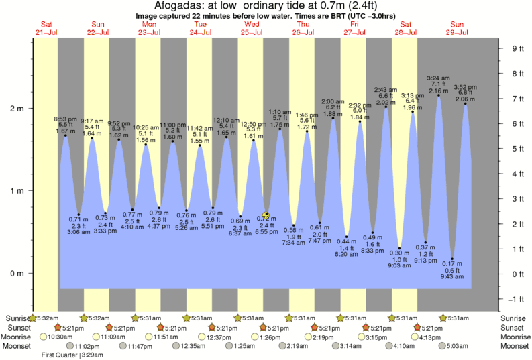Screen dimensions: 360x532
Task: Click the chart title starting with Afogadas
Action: tap(266, 6)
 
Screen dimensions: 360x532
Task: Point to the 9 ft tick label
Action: tap(517, 48)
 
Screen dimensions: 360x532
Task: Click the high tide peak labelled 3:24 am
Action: tap(439, 95)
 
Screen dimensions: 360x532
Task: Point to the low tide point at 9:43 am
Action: tap(453, 259)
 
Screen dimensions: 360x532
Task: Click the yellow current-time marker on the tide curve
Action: tap(266, 215)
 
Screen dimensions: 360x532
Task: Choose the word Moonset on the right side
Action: tap(515, 346)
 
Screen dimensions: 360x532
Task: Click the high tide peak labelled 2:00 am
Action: tap(333, 119)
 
